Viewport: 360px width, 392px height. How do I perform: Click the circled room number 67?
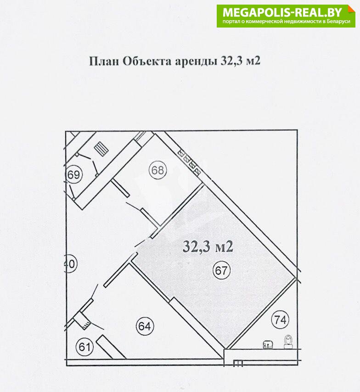coord(221,270)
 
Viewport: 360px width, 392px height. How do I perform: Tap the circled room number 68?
coord(157,170)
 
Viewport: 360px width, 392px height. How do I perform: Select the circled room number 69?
coord(73,174)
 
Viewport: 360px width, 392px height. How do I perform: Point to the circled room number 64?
coord(145,326)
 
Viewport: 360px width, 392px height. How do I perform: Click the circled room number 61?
coord(84,347)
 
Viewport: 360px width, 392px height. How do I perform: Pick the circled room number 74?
coord(280,319)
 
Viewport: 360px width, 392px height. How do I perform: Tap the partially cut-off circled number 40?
coord(71,264)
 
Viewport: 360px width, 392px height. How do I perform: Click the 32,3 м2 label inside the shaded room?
coord(208,246)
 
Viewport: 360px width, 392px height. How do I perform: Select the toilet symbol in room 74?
coord(288,342)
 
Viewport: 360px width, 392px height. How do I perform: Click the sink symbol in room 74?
coord(268,345)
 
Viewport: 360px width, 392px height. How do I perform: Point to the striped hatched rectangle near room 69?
coord(101,149)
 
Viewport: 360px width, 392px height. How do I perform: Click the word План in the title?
coord(104,61)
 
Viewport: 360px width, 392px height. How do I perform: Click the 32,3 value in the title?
coord(231,61)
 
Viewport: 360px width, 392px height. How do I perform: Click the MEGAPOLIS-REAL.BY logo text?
coord(282,12)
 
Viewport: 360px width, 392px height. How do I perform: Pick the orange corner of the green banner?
coord(352,9)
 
